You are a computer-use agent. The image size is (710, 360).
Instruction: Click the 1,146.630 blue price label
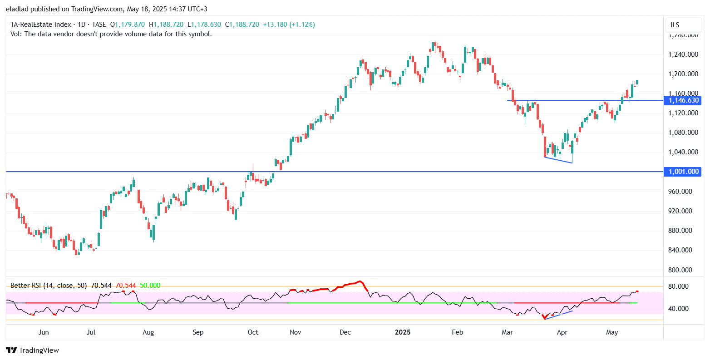[x=682, y=100]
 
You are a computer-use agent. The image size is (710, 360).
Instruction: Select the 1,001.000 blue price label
[x=682, y=172]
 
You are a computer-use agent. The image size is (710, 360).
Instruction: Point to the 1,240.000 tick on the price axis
[x=683, y=54]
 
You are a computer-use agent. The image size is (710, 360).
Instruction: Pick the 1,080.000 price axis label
[x=683, y=133]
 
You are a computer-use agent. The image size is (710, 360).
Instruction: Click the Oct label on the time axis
[x=253, y=332]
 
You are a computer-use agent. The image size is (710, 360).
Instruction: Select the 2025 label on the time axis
[x=402, y=332]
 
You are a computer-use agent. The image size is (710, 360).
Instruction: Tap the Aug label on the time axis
[x=148, y=332]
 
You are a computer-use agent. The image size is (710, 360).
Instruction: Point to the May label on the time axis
[x=612, y=332]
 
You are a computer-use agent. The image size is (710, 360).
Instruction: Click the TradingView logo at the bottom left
[x=32, y=350]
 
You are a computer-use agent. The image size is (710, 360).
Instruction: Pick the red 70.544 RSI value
[x=125, y=286]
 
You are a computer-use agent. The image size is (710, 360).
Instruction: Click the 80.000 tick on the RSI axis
[x=680, y=286]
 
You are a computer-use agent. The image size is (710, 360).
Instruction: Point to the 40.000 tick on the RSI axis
[x=680, y=309]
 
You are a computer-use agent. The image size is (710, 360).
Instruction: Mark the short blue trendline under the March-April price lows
[x=558, y=160]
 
